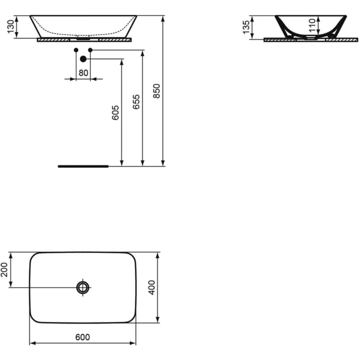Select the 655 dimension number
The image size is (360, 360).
136,102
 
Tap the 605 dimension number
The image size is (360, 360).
115,113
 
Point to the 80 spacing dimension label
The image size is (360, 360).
83,73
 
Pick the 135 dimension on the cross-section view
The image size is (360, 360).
246,27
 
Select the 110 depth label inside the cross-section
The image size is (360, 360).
312,26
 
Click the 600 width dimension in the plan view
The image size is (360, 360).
82,337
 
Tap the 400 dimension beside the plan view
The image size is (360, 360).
152,287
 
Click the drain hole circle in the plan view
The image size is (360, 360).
83,287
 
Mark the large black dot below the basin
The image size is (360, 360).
83,59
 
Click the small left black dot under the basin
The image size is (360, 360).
76,50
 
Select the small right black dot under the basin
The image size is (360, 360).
90,50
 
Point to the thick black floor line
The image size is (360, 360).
83,166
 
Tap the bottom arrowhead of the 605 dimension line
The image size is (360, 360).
122,163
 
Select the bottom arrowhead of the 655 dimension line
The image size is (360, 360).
143,163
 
